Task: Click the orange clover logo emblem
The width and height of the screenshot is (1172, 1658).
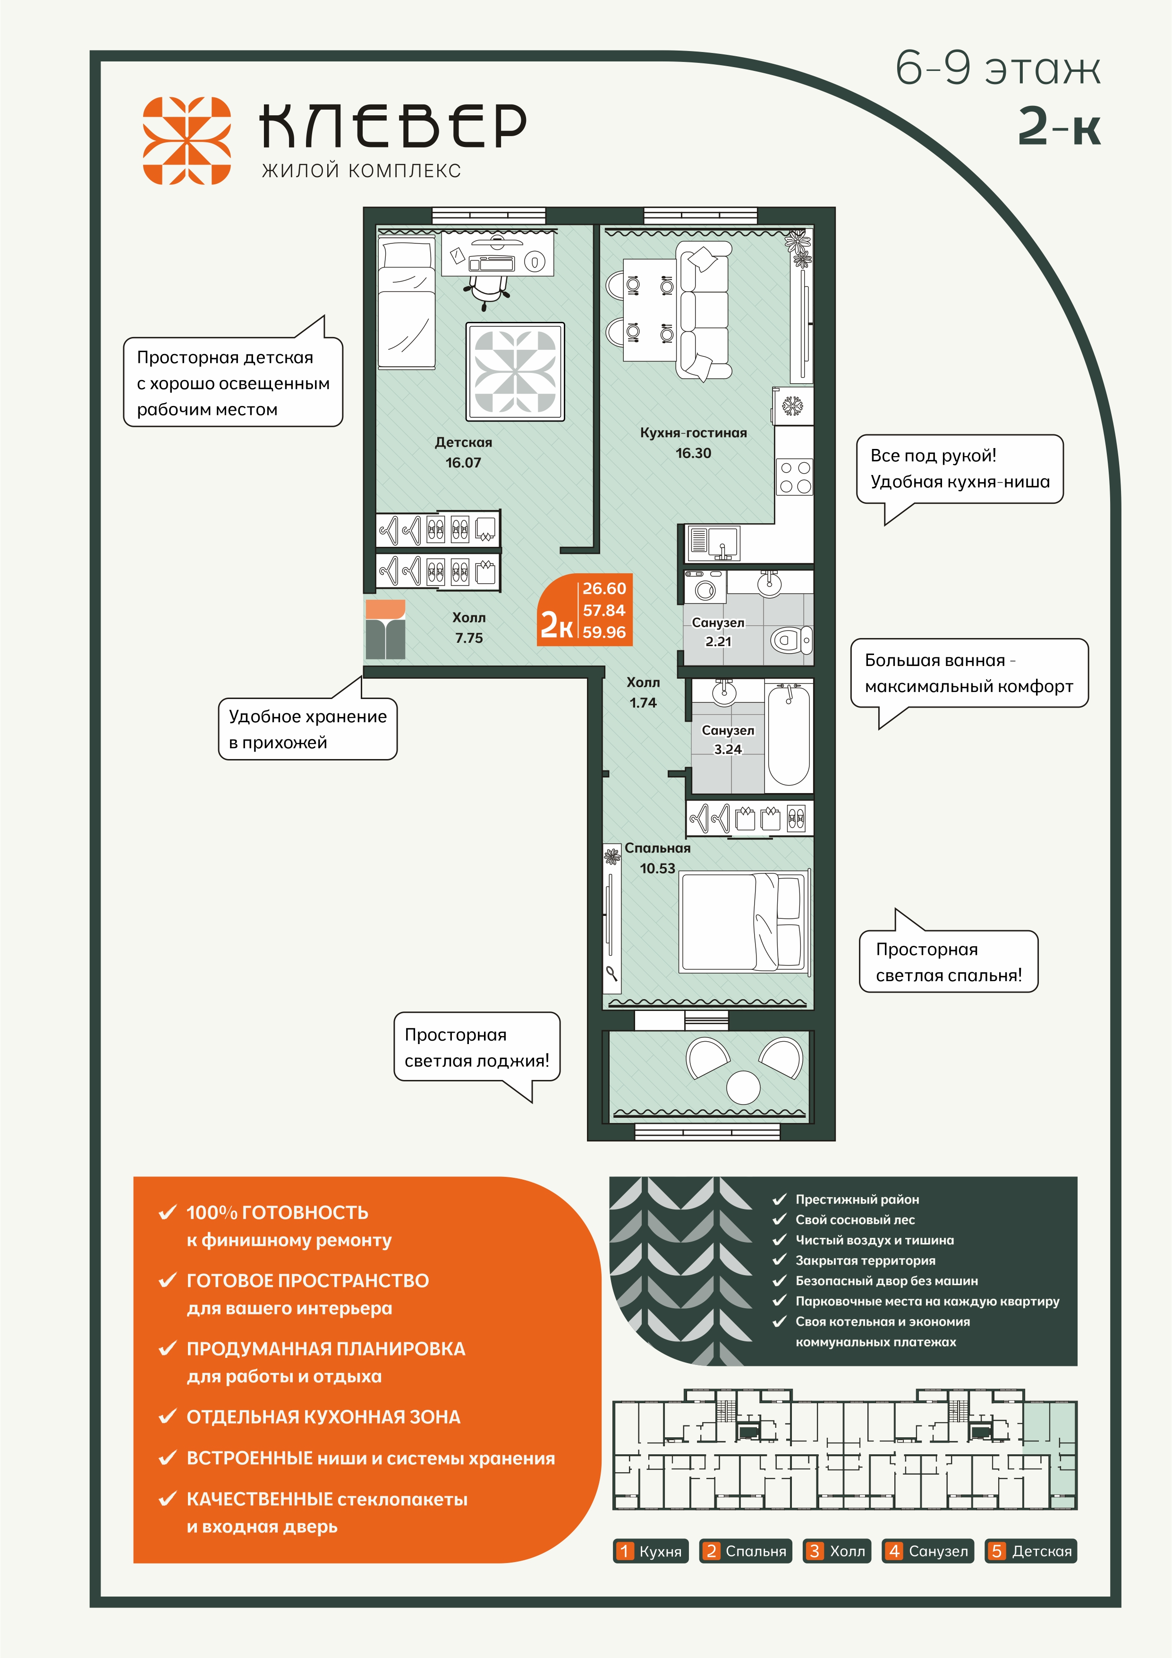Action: pyautogui.click(x=186, y=140)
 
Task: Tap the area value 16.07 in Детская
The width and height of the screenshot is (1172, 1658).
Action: pyautogui.click(x=463, y=463)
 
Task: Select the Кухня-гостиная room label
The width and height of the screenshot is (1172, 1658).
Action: pyautogui.click(x=694, y=432)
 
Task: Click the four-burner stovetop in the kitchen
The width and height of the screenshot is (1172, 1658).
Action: pyautogui.click(x=795, y=476)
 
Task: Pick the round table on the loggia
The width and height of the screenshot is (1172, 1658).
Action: pyautogui.click(x=743, y=1086)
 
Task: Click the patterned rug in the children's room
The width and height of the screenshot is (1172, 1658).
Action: pyautogui.click(x=515, y=372)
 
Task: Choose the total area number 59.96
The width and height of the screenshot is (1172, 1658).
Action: pyautogui.click(x=604, y=632)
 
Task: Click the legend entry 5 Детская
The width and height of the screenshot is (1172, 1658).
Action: pyautogui.click(x=1030, y=1550)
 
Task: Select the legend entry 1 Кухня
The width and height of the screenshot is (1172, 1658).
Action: pyautogui.click(x=651, y=1550)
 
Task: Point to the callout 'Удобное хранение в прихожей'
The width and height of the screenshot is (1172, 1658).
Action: pyautogui.click(x=308, y=729)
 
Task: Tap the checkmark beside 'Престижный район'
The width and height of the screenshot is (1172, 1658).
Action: pyautogui.click(x=780, y=1200)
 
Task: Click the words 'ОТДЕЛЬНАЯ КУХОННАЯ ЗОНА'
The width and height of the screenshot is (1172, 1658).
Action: pyautogui.click(x=323, y=1417)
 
